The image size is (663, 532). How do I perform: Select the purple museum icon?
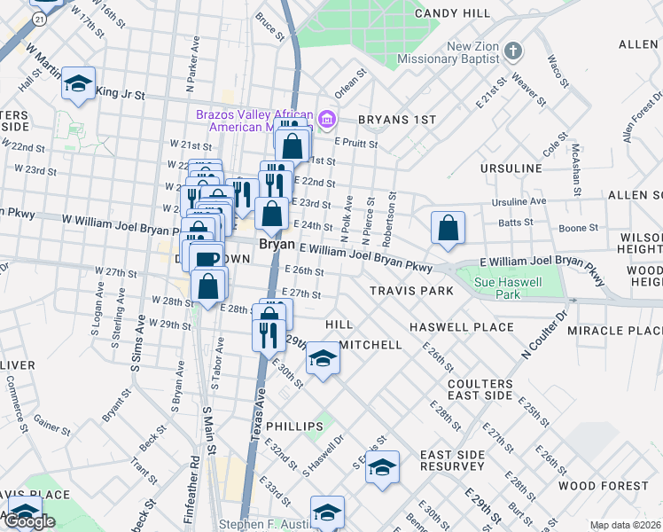click(x=326, y=119)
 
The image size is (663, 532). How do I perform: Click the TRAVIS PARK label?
click(x=411, y=291)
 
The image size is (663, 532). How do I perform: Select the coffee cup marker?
click(x=207, y=259)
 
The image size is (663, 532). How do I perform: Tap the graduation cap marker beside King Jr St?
click(x=78, y=84)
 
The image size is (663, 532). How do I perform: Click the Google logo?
click(x=28, y=521)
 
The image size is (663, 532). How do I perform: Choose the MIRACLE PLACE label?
click(x=621, y=330)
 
